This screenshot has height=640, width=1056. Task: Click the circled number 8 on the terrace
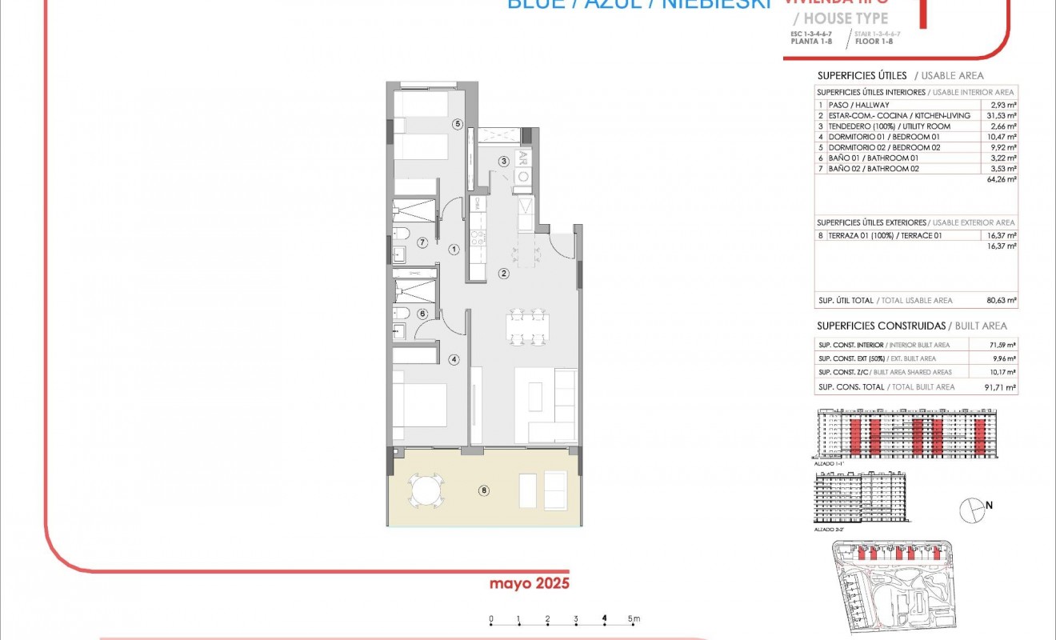click(483, 490)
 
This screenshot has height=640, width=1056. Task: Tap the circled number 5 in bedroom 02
click(457, 124)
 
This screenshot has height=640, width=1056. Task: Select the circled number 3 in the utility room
click(504, 162)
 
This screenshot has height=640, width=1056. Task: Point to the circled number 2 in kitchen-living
click(504, 274)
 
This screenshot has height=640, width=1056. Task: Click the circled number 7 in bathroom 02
click(422, 242)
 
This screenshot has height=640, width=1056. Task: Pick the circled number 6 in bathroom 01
click(422, 314)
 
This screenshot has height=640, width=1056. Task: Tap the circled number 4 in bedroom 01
click(454, 360)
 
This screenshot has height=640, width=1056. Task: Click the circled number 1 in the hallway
click(454, 250)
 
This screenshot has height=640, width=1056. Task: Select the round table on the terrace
click(425, 490)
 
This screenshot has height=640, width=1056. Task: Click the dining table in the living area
click(527, 326)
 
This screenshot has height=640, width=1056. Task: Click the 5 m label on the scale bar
click(634, 618)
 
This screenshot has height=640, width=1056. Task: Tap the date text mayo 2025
click(530, 583)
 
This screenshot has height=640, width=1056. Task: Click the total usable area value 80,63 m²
click(1002, 301)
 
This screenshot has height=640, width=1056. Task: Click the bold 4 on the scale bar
click(605, 618)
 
